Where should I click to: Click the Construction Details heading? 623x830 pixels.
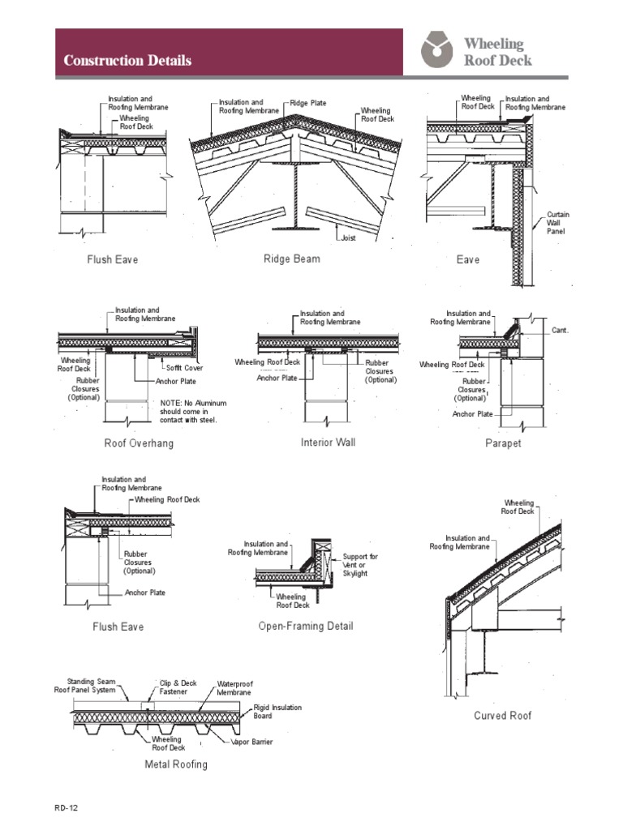(127, 61)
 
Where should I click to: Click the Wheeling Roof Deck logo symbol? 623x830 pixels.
(437, 50)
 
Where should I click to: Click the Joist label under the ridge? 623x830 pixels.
(347, 238)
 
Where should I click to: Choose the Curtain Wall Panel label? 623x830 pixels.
(558, 223)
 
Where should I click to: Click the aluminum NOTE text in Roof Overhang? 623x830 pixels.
(193, 412)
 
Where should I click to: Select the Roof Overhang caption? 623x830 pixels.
(139, 444)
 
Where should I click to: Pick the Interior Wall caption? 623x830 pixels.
(328, 443)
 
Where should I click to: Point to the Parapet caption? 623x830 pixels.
(503, 444)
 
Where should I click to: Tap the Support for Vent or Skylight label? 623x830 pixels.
(359, 565)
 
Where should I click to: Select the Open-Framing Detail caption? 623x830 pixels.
(306, 627)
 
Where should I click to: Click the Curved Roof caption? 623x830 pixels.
(503, 716)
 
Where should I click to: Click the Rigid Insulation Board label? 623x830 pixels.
(277, 712)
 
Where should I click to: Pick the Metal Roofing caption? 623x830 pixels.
(176, 764)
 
